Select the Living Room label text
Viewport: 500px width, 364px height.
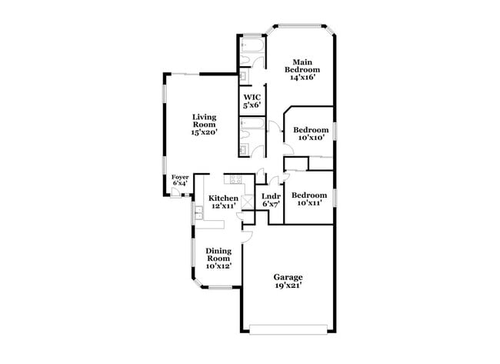point(204,124)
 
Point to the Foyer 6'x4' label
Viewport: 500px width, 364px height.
point(180,180)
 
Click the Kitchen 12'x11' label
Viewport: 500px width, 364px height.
point(223,202)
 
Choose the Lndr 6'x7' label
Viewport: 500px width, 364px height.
point(272,200)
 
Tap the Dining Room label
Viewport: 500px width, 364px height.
point(218,257)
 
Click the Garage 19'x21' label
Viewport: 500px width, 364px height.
point(288,281)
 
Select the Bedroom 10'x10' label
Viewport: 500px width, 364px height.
point(312,134)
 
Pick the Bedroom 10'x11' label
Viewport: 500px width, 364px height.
point(309,199)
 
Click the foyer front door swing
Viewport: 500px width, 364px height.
point(176,193)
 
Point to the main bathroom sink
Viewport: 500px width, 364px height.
point(243,75)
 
